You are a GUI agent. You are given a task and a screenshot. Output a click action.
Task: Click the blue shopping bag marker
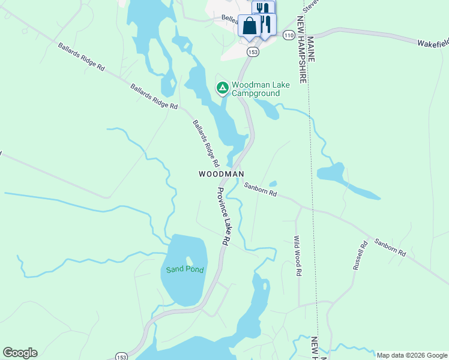(249, 26)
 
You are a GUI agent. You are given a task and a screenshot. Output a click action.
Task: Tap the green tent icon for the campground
(222, 89)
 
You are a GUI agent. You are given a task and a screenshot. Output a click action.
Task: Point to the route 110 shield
(289, 35)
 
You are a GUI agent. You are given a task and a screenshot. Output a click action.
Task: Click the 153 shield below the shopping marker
(253, 52)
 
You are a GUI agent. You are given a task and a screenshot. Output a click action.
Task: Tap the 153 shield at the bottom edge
(122, 356)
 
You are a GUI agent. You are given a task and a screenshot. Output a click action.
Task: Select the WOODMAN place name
(221, 174)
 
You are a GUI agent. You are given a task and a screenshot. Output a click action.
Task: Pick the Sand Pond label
(185, 269)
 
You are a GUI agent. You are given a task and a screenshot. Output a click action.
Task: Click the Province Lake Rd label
(223, 215)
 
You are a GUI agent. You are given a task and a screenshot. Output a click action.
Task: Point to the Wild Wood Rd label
(297, 256)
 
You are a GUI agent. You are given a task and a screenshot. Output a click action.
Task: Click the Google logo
(20, 353)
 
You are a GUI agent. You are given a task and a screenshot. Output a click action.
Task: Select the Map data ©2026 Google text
(411, 355)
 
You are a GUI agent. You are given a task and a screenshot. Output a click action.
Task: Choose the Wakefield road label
(433, 43)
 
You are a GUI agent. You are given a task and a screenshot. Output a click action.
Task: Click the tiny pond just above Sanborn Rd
(273, 184)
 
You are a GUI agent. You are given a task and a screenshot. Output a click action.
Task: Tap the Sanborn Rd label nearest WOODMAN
(260, 190)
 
